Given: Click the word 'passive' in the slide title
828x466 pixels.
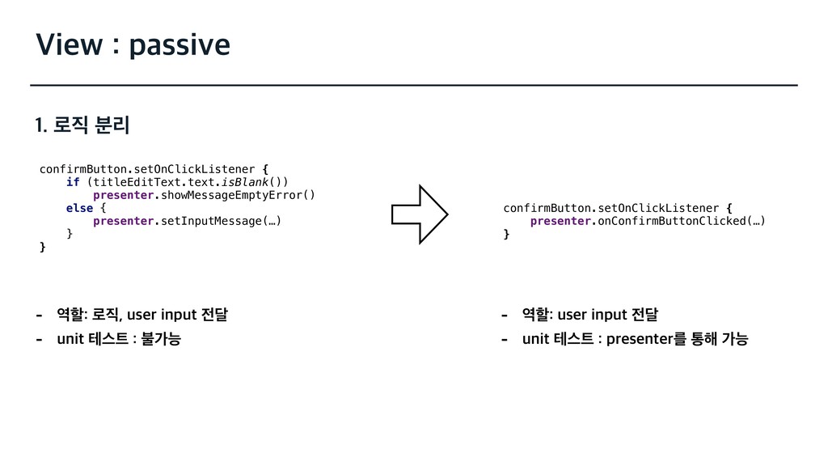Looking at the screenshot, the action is [x=179, y=46].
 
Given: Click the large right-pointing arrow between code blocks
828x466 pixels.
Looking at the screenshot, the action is [x=419, y=214].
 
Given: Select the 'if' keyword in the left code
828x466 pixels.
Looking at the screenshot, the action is [x=73, y=182].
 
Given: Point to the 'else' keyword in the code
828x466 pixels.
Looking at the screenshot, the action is [x=79, y=208].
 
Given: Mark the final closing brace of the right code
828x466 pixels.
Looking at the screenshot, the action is [x=507, y=234].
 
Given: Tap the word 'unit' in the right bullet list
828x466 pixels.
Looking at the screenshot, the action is [x=535, y=339].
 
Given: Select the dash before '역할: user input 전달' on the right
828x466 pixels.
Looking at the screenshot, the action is [x=505, y=314].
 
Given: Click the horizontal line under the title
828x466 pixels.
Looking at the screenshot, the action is [x=414, y=84].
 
